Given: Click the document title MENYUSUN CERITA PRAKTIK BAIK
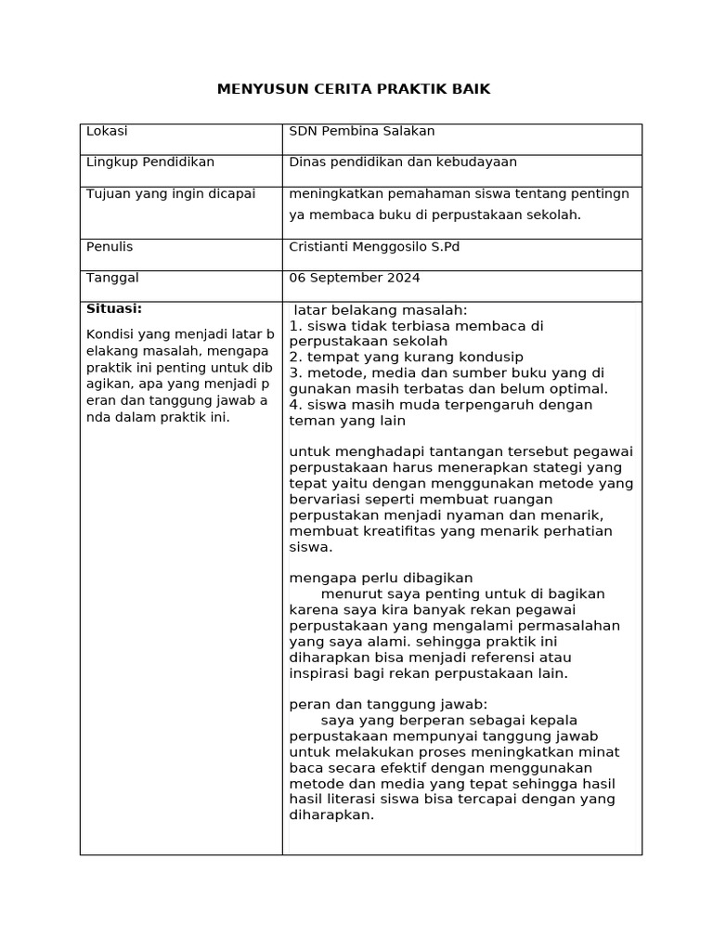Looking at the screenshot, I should click(353, 89).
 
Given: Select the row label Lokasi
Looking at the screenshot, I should click(107, 131).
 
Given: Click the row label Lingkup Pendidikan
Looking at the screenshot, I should click(150, 162).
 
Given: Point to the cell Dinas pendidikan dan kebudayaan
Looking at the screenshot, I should click(403, 162).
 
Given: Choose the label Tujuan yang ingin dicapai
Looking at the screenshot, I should click(170, 193).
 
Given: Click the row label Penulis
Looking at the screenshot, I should click(110, 246).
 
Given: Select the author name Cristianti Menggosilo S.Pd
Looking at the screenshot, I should click(374, 246).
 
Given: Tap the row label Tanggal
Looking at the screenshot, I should click(112, 278).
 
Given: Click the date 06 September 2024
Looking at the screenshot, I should click(355, 278).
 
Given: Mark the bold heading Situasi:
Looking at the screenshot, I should click(114, 308).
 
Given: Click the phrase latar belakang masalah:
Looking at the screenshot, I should click(381, 310).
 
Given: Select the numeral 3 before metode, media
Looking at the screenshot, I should click(293, 373).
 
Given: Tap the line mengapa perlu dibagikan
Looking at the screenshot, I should click(381, 578).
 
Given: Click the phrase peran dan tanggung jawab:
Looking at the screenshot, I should click(388, 704).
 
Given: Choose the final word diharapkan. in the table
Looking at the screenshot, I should click(331, 815).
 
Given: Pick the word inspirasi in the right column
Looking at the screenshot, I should click(321, 673).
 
